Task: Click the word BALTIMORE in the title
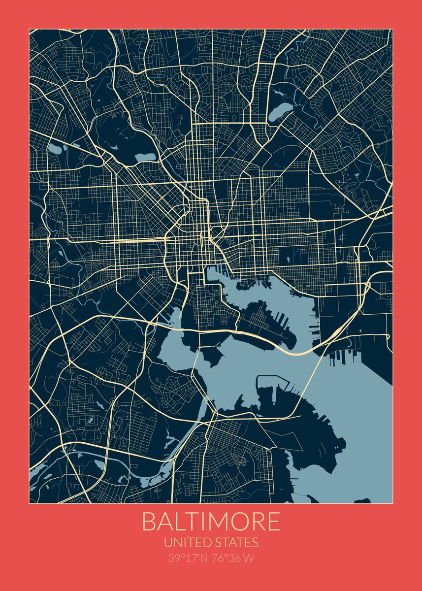[x=211, y=522]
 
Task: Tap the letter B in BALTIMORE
[x=149, y=522]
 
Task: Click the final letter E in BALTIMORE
[x=273, y=522]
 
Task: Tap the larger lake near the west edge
[x=55, y=148]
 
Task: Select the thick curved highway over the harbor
[x=291, y=351]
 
